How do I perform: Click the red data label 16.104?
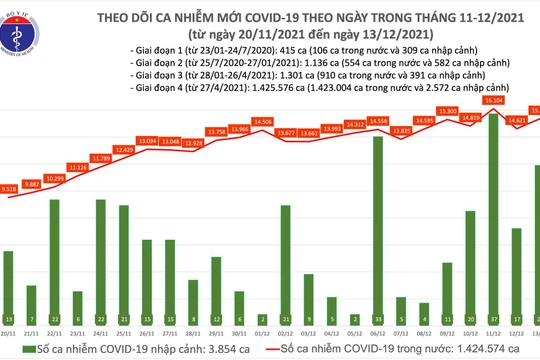point(493,101)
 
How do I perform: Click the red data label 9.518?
point(9,188)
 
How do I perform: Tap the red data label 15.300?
point(447,111)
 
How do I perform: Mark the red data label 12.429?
point(124,149)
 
